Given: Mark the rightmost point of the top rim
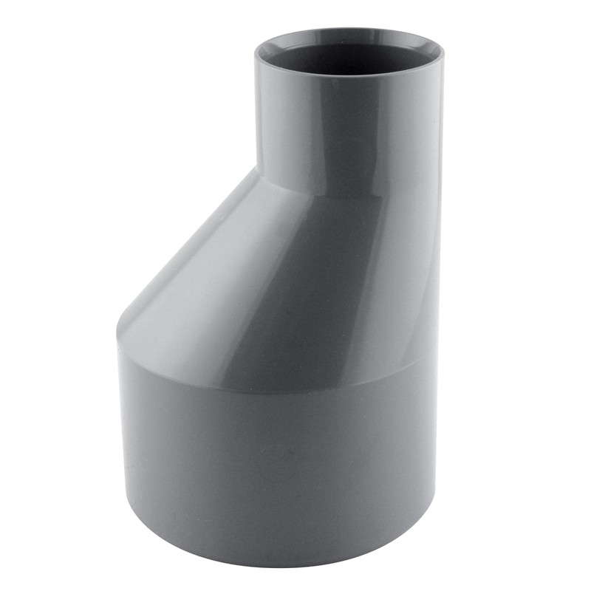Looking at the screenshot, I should (x=443, y=56).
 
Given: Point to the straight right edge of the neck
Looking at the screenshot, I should (x=442, y=133).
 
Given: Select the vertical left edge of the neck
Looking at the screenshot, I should (x=256, y=118).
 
